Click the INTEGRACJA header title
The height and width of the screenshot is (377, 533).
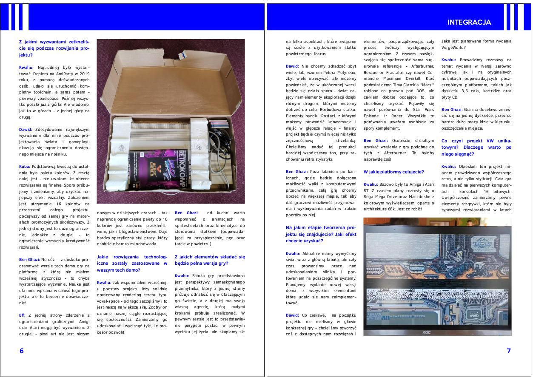[469, 22]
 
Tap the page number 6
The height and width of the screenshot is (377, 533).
[21, 351]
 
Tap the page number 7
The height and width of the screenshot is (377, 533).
[509, 351]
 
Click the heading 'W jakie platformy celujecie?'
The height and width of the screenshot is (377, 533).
[393, 172]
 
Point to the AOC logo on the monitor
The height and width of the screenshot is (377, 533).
[426, 332]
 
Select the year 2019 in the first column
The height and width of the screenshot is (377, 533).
[85, 74]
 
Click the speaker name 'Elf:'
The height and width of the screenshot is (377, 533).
[22, 315]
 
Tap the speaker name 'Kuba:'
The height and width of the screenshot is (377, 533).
[25, 166]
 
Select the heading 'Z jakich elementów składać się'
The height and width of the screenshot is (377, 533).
[210, 257]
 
